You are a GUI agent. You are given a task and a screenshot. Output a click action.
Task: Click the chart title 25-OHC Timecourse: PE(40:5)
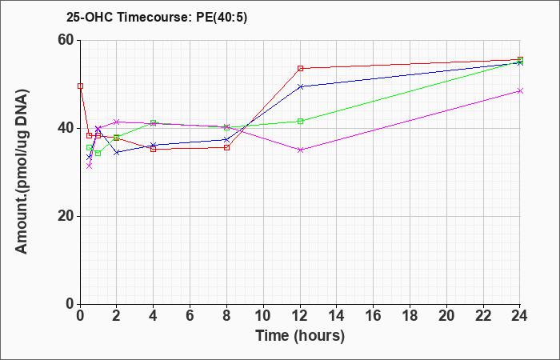tap(157, 17)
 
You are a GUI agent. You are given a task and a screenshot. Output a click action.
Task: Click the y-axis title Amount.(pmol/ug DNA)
tap(22, 172)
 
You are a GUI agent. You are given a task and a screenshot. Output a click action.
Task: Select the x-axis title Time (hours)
tap(300, 336)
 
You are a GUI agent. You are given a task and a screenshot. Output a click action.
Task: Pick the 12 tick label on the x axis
tap(300, 316)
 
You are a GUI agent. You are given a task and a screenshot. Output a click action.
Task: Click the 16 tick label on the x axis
tap(374, 316)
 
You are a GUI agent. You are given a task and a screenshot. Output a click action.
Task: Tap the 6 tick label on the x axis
tap(190, 316)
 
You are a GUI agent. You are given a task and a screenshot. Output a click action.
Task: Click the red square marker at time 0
tap(80, 86)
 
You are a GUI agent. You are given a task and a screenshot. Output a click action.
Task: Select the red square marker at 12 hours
tap(300, 68)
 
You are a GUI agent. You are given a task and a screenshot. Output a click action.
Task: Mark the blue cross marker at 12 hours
tap(300, 86)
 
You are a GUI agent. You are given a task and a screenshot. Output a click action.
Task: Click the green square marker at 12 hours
tap(300, 121)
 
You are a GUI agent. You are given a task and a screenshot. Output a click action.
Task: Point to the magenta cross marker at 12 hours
tap(300, 150)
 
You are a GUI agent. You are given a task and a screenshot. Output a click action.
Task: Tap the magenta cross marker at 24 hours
tap(520, 90)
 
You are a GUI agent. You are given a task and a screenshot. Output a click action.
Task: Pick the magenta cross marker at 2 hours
tap(117, 122)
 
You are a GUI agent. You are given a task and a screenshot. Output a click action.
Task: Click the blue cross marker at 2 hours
tap(117, 153)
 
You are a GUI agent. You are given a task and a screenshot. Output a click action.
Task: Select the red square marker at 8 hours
tap(226, 147)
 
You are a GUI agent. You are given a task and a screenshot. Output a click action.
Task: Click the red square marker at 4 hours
tap(154, 149)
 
